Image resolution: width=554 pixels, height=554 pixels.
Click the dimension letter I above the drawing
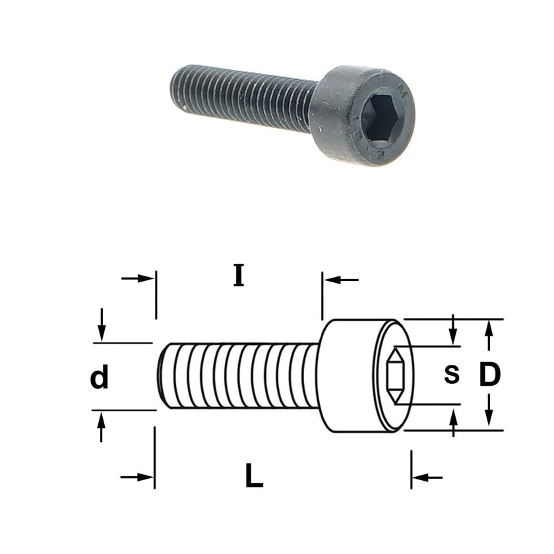point(239,275)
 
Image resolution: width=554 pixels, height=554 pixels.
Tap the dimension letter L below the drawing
point(255,476)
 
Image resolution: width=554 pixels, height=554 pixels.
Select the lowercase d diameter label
point(100,377)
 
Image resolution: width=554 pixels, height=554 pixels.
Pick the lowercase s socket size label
point(452,375)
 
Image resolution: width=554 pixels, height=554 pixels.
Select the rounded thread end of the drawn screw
point(164,376)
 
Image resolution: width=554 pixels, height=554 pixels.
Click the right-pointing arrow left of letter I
point(137,278)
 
